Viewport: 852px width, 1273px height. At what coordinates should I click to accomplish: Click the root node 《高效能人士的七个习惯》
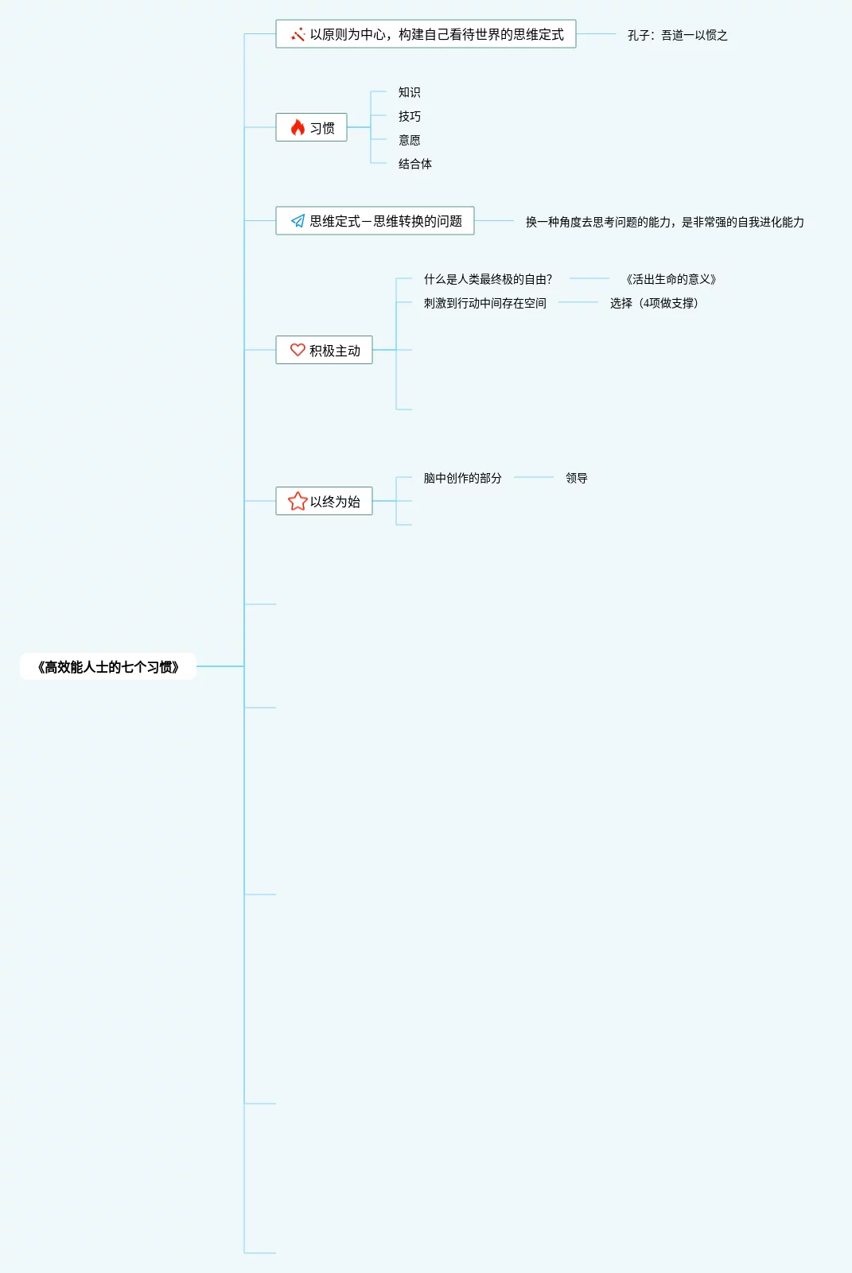click(x=108, y=667)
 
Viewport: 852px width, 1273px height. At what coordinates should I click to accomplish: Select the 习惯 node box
click(x=311, y=128)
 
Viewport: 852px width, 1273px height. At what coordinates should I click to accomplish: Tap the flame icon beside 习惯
click(x=298, y=128)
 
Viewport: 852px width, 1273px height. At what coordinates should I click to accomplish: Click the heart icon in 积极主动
click(x=298, y=350)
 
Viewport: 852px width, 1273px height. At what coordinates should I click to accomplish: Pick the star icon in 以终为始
click(x=298, y=501)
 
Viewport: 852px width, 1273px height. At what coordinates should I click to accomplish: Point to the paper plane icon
click(x=298, y=221)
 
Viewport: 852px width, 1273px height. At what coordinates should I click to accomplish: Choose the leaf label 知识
click(x=409, y=92)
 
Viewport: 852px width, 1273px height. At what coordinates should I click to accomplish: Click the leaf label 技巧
click(x=409, y=116)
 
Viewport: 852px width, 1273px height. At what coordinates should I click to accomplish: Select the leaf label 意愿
click(x=409, y=140)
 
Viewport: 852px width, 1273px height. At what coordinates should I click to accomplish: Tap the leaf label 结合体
click(x=414, y=164)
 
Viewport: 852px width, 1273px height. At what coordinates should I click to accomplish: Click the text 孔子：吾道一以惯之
click(x=677, y=35)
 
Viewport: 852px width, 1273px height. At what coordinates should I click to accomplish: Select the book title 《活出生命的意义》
click(x=671, y=279)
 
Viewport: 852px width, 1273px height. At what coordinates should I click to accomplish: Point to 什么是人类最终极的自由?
click(x=488, y=279)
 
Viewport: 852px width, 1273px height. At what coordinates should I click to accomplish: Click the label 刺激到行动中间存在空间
click(x=484, y=303)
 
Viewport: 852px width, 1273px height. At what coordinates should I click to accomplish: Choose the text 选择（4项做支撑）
click(x=654, y=303)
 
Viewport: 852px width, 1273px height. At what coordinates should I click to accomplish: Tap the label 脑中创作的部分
click(x=462, y=478)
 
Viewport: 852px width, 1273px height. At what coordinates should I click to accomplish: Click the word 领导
click(x=576, y=478)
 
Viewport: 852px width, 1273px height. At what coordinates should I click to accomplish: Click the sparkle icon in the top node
click(x=298, y=34)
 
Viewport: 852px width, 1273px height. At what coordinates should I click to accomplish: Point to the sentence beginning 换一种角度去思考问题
click(x=664, y=222)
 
